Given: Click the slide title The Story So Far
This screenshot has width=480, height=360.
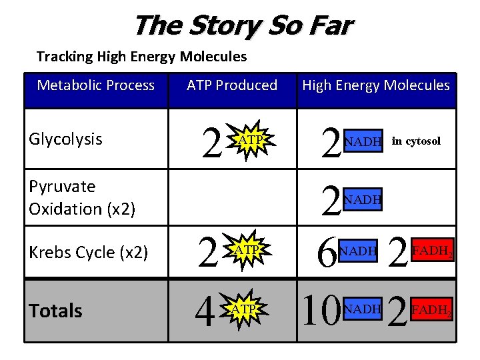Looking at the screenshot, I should coord(243,26).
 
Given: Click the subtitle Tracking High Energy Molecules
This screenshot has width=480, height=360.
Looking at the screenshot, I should coord(141,57).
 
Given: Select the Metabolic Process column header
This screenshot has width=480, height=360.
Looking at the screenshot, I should coord(95,85).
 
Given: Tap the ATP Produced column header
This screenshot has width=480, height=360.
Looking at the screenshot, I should coord(232,85).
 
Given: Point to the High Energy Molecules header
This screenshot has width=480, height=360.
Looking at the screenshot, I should coord(376,85).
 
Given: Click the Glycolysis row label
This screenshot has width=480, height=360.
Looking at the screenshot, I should coord(65,139).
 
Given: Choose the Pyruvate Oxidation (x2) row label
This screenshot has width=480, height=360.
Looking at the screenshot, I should coord(82,197).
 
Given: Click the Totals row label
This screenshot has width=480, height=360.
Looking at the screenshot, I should coord(55,311).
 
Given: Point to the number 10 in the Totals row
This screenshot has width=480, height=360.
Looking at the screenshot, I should coord(321,311).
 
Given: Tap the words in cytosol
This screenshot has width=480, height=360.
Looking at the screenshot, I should coord(416,141).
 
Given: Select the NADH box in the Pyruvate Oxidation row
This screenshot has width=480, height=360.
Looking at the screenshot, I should coord(363,198).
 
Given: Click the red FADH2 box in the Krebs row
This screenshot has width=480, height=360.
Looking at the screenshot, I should coord(435,251).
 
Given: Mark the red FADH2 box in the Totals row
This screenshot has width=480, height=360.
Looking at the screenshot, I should coord(435,309).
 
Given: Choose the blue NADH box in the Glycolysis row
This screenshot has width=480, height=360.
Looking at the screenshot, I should coord(363,141).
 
